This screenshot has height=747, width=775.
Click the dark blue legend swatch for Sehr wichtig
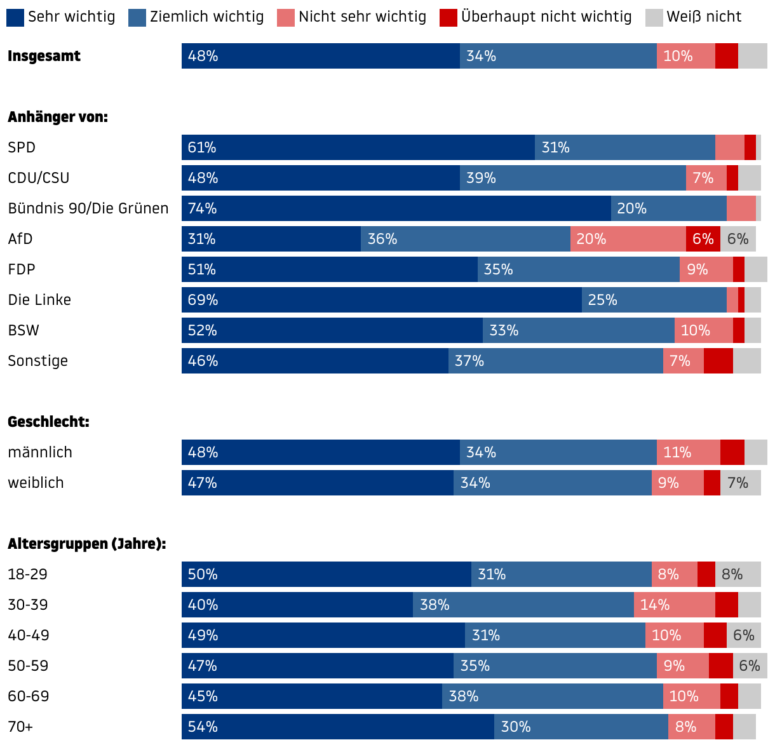(15, 17)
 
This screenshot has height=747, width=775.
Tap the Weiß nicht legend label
(704, 17)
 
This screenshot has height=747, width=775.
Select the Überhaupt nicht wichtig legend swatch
(448, 17)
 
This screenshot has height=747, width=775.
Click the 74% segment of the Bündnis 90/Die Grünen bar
(396, 208)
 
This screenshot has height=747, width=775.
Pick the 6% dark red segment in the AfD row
(703, 239)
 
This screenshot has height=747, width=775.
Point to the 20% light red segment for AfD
(628, 239)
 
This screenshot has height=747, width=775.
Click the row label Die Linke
(39, 300)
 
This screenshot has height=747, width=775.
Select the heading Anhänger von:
(58, 117)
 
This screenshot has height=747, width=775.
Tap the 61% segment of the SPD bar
(358, 147)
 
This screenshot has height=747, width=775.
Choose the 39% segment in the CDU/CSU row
(573, 178)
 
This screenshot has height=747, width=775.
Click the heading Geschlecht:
(48, 422)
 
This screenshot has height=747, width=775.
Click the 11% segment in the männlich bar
(689, 452)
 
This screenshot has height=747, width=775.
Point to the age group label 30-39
(28, 605)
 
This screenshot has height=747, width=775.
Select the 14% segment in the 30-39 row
(675, 605)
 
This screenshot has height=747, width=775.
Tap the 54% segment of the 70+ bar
(338, 727)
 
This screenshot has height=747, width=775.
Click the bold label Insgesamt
(44, 56)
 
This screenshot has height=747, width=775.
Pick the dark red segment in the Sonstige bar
(718, 361)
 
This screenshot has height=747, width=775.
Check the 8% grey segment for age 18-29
(738, 574)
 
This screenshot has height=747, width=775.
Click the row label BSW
(24, 330)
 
